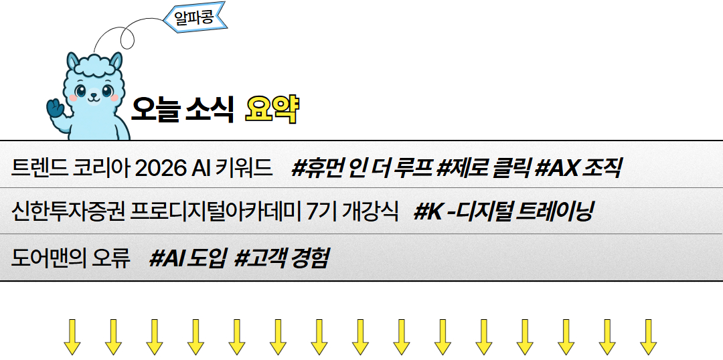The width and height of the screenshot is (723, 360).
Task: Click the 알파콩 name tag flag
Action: pos(195,17)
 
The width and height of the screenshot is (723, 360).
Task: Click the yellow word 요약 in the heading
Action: pos(271,108)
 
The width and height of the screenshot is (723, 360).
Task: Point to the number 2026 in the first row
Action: pos(161,167)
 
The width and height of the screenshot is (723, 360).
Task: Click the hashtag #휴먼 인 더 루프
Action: pos(361,167)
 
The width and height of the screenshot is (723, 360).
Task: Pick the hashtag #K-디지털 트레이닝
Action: pos(503,212)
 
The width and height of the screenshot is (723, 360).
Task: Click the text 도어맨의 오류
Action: pos(70,258)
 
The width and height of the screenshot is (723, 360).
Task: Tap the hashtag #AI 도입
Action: pos(188,258)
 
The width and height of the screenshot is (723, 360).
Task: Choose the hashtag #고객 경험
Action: pos(281,258)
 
